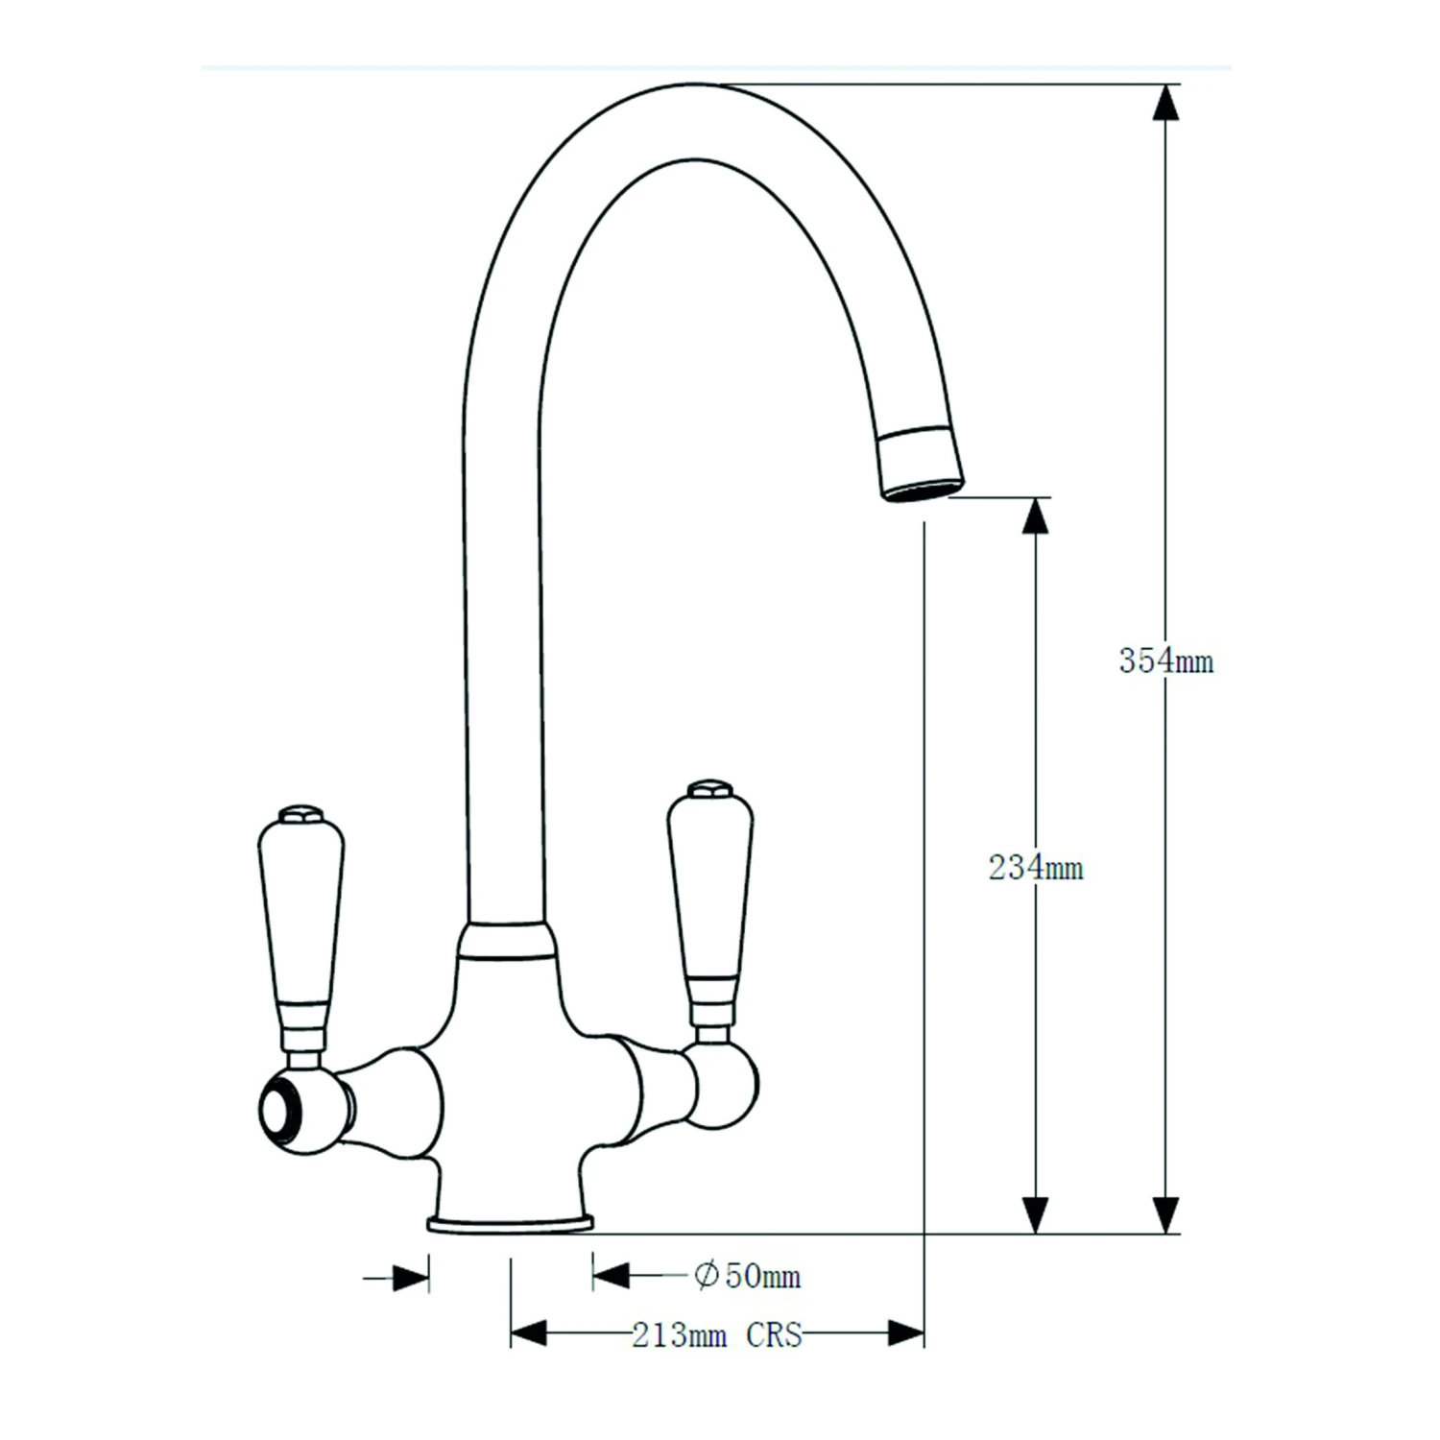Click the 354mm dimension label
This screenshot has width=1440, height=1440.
click(1165, 661)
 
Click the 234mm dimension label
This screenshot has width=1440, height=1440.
click(1036, 868)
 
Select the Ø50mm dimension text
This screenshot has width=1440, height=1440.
click(747, 1276)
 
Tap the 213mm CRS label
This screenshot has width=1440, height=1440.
click(716, 1335)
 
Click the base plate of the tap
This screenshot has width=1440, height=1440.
click(510, 1223)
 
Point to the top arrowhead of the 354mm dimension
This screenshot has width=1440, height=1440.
click(1164, 102)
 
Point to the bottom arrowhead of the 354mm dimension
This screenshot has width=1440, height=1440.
click(1164, 1215)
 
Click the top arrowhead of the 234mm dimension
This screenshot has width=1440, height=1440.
click(1035, 516)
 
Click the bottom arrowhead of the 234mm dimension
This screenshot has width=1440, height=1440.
click(1035, 1215)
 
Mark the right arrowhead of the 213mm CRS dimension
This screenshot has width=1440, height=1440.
click(905, 1333)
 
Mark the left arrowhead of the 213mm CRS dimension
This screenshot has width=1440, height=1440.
click(529, 1333)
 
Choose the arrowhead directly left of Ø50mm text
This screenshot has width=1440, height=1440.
click(612, 1275)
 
